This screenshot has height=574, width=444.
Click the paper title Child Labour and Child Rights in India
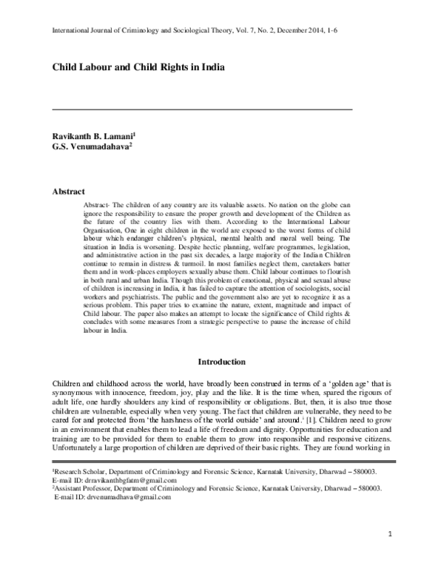[138, 66]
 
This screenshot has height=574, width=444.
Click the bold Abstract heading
[68, 192]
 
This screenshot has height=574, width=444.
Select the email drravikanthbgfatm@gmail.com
[129, 479]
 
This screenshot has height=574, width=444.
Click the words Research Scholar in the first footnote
[81, 470]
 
